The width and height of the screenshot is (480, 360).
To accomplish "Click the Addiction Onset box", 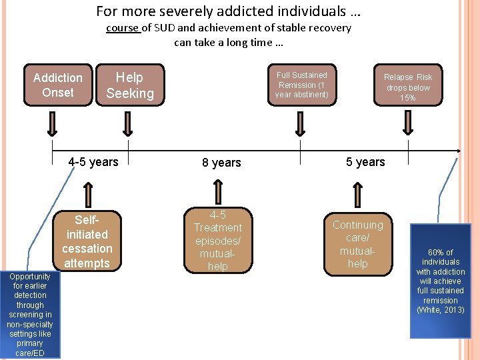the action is pyautogui.click(x=58, y=85).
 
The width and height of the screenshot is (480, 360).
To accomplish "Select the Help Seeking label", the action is pyautogui.click(x=130, y=85).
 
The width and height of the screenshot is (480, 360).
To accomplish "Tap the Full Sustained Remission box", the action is pyautogui.click(x=302, y=85).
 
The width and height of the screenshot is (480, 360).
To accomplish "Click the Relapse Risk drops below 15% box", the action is pyautogui.click(x=408, y=87).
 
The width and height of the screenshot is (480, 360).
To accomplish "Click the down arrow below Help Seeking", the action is pyautogui.click(x=128, y=124).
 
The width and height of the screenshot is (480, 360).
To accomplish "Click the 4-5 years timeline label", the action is pyautogui.click(x=93, y=161).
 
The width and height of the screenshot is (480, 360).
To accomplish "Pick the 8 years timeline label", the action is pyautogui.click(x=221, y=163).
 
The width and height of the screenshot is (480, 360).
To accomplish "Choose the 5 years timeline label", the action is pyautogui.click(x=365, y=161).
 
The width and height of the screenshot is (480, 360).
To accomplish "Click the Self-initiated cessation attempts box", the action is pyautogui.click(x=87, y=241).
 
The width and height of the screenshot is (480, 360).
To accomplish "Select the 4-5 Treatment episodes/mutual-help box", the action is pyautogui.click(x=217, y=241).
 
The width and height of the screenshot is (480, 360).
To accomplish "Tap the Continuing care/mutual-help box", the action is pyautogui.click(x=358, y=244).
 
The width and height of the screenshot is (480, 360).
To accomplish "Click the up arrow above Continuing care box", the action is pyautogui.click(x=359, y=194).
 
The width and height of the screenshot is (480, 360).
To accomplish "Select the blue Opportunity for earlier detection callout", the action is pyautogui.click(x=30, y=313).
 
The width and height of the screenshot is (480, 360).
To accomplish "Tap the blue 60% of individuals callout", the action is pyautogui.click(x=440, y=280).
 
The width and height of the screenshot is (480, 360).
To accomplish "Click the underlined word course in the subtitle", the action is pyautogui.click(x=122, y=28).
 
